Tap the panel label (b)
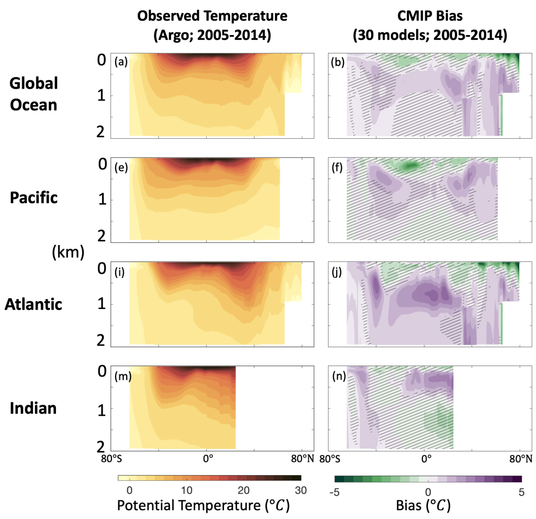[x=338, y=63]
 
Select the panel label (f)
[x=337, y=168]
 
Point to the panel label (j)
[x=337, y=271]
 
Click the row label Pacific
[x=33, y=198]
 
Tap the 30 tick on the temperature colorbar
[x=300, y=491]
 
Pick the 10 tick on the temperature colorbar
[x=186, y=491]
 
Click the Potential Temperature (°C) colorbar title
[x=203, y=506]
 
